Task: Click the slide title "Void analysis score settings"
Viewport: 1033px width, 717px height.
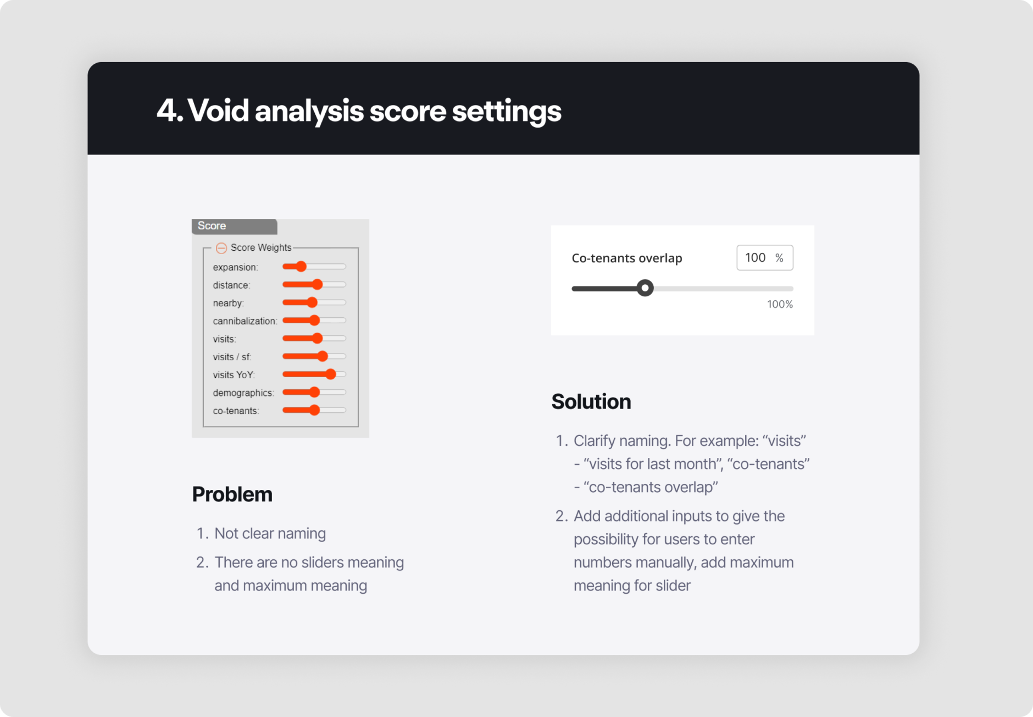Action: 359,111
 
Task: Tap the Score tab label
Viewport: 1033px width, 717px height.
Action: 212,225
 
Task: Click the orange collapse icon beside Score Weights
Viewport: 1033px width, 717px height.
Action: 221,248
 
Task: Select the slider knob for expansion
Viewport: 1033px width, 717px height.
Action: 301,267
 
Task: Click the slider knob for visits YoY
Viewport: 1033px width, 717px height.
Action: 330,374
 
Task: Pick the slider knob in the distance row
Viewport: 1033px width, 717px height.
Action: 317,284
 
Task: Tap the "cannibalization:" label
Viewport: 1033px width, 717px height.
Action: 245,321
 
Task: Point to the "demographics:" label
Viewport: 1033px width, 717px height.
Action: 243,393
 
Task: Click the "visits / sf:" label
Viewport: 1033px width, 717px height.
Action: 232,357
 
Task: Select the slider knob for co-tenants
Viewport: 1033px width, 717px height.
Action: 314,410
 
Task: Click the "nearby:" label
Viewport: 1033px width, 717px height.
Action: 228,303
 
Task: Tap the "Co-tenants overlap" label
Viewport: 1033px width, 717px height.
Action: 626,258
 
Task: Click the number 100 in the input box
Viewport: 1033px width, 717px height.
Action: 755,257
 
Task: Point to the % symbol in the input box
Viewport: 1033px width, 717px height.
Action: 779,258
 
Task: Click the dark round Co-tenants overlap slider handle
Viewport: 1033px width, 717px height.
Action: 645,288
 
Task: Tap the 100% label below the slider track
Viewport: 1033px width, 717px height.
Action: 780,304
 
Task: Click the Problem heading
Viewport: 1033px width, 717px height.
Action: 232,494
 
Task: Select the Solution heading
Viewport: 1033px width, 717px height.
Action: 591,401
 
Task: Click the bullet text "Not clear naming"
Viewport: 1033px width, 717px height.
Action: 270,533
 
